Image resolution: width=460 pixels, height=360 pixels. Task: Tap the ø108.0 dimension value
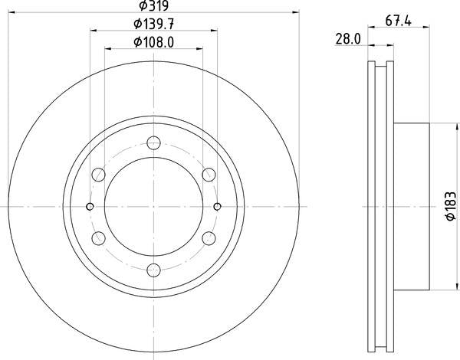click(x=153, y=42)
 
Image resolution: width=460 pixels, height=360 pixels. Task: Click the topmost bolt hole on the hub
click(x=153, y=142)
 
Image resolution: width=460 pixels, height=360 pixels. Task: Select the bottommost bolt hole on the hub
click(x=153, y=269)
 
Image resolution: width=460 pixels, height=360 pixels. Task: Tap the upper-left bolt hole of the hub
click(x=98, y=174)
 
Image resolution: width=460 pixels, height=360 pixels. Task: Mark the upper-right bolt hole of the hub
click(x=209, y=174)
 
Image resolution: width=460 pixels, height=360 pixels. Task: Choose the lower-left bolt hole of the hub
click(x=98, y=237)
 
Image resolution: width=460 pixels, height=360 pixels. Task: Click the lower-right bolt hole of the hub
click(x=209, y=237)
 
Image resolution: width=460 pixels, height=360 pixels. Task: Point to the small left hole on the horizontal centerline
click(x=90, y=205)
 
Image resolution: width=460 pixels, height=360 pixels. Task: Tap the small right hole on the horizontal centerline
click(x=217, y=205)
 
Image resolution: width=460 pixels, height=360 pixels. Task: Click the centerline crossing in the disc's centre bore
click(x=153, y=205)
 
